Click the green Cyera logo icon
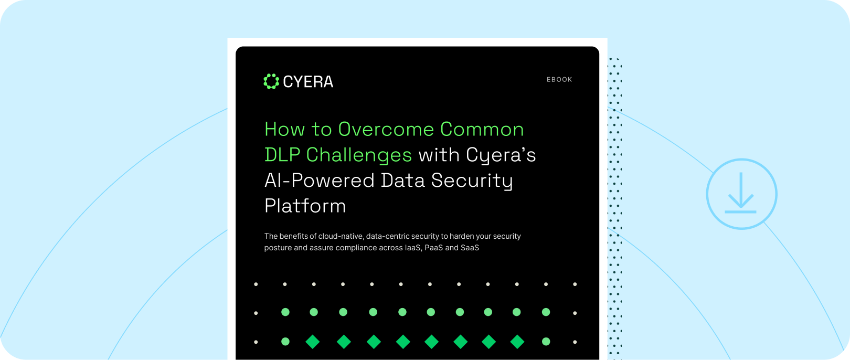tap(271, 81)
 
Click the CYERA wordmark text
tap(308, 82)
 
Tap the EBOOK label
tap(559, 80)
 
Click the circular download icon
tap(741, 194)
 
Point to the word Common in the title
tap(482, 130)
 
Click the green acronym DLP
tap(282, 155)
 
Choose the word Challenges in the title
tap(359, 155)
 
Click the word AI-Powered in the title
tap(320, 181)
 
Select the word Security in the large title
tap(472, 181)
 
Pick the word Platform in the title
tap(305, 206)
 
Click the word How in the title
tap(284, 130)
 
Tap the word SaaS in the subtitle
tap(470, 248)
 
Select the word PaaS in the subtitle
tap(433, 248)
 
